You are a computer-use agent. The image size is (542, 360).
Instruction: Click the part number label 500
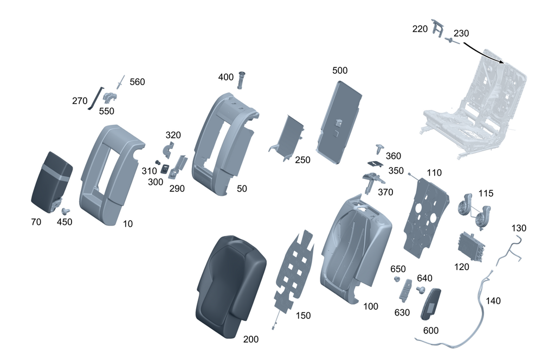coord(340,70)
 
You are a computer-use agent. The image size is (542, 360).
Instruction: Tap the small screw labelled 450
coord(66,211)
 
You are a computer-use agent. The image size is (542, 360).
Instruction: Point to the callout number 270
coord(80,100)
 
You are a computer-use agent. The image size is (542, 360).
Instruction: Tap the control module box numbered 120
coord(470,247)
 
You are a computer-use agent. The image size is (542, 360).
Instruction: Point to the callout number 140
coord(494,301)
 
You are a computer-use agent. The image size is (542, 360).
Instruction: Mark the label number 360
coord(393,156)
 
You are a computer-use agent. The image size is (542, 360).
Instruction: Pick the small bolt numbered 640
coord(420,291)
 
